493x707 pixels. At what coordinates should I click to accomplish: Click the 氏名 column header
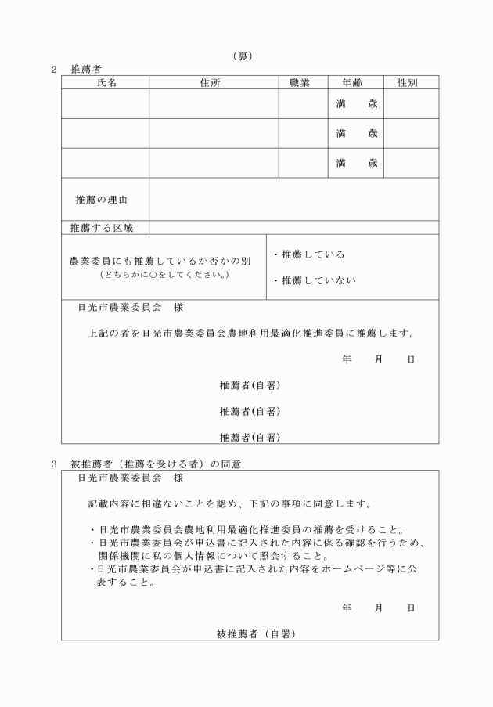(x=106, y=82)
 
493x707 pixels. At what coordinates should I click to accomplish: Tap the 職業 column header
(x=300, y=82)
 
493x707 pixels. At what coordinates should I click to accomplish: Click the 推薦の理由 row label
(x=102, y=200)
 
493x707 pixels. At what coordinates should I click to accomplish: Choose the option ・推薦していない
(x=313, y=280)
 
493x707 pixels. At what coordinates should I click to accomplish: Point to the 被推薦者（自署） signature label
(x=255, y=634)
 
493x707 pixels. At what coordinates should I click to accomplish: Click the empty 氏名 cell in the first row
(x=106, y=104)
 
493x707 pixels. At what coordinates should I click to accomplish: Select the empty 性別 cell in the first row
(x=411, y=104)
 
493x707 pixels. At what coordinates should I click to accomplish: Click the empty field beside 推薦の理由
(x=293, y=200)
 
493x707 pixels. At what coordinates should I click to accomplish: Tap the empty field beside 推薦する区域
(x=293, y=228)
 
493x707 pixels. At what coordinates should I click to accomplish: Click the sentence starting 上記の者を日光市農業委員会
(x=250, y=333)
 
